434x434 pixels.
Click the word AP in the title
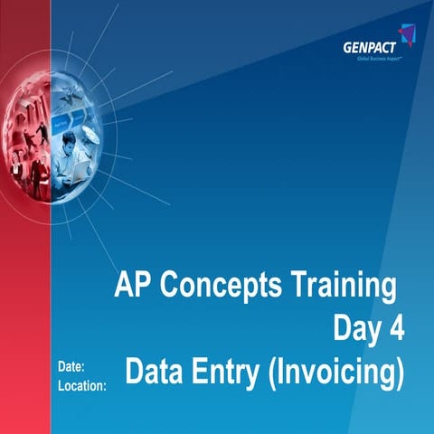[x=133, y=287]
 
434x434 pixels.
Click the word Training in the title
[x=344, y=287]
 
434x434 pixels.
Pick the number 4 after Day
[x=396, y=328]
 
